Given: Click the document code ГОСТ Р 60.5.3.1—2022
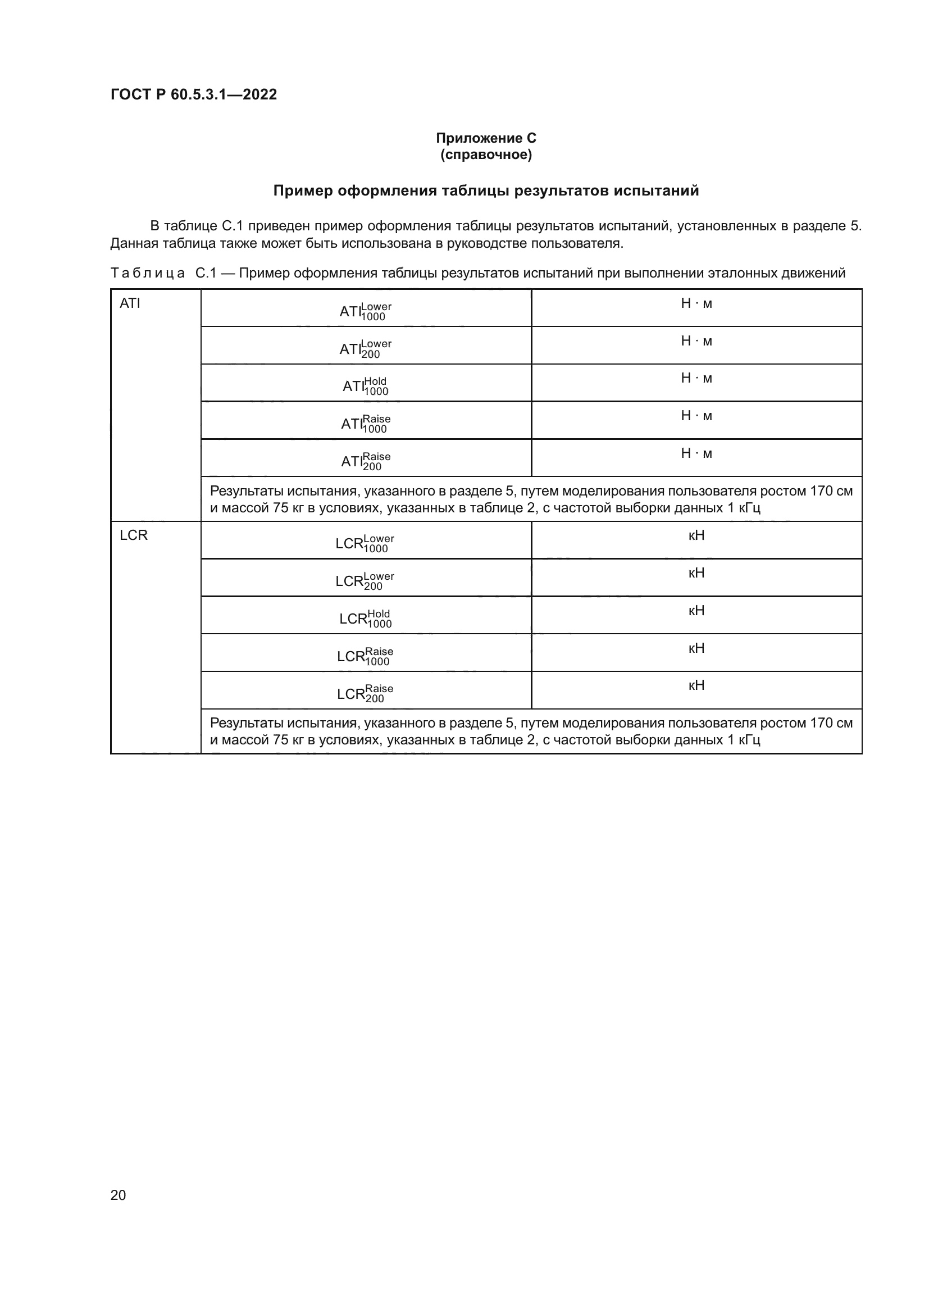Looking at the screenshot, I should coord(193,94).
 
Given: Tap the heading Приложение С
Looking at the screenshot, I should coord(486,138).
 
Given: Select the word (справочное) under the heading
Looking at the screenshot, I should coord(486,154).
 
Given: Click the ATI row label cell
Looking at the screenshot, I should coord(130,303).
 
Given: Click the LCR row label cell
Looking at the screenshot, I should coord(133,535).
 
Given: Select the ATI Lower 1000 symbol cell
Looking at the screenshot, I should coord(366,311).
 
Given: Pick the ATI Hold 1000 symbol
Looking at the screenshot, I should coord(366,386).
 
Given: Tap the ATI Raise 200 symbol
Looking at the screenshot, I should coord(366,461).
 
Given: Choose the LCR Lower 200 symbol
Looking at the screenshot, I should coord(365,580).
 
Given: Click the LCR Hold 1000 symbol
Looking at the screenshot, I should coord(365,618).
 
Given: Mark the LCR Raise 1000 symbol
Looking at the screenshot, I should coord(365,656).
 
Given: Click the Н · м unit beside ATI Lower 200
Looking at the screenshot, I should coord(696,341).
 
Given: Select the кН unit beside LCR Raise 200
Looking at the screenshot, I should coord(696,685).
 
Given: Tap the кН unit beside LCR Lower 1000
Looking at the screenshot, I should coord(696,535).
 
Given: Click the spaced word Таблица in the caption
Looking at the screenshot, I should coord(148,273).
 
